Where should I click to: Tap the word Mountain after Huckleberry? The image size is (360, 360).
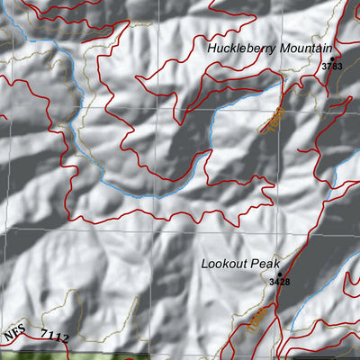(x=301, y=48)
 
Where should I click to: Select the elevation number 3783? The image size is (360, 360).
(x=333, y=67)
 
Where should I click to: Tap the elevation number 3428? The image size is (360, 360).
(x=279, y=282)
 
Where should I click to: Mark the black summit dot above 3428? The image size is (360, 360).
(x=279, y=273)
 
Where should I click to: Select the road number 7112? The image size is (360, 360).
(x=55, y=337)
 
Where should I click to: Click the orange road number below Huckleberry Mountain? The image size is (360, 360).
(x=274, y=120)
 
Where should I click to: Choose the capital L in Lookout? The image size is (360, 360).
(x=205, y=264)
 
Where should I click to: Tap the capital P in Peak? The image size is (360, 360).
(x=256, y=264)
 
